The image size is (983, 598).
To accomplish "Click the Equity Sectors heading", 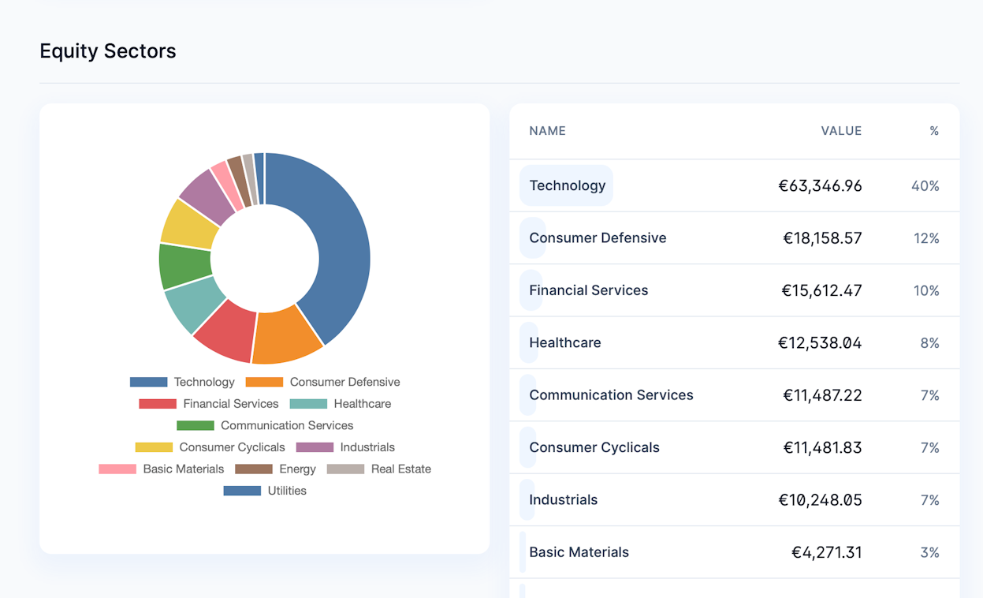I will pos(108,51).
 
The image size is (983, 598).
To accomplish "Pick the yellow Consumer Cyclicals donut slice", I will pos(189,224).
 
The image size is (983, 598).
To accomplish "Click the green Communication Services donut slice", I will pos(185,266).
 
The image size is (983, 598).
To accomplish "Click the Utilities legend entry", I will pos(265,491).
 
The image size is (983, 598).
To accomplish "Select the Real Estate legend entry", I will pos(379,469).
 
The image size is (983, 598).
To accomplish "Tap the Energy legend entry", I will pos(275,469).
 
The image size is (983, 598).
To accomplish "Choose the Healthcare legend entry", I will pos(341,404).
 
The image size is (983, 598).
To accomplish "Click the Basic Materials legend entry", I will pos(162,469).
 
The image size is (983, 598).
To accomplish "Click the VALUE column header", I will pos(841,131).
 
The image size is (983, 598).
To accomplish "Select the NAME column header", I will pos(547,131).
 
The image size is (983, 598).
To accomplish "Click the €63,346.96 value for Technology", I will pos(820,186).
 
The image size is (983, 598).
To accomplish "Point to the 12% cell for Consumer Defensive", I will pos(926,238).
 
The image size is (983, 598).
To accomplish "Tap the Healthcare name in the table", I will pos(565,343).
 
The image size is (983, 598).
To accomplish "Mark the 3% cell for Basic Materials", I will pos(929,552).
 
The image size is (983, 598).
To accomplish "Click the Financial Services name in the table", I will pos(589,290).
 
